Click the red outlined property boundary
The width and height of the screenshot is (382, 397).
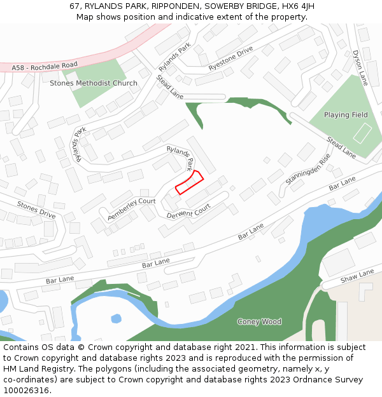click(x=189, y=182)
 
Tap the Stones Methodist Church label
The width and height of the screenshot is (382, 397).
click(x=93, y=83)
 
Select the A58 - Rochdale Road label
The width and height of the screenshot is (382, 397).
click(x=45, y=65)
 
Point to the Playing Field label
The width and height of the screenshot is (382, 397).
click(x=346, y=115)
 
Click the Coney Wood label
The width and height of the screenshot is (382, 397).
click(x=258, y=321)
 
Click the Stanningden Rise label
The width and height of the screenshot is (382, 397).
click(x=308, y=169)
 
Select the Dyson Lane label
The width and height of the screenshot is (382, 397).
click(x=360, y=68)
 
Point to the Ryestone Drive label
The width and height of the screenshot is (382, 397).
click(x=230, y=58)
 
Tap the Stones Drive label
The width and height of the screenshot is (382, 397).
click(x=36, y=210)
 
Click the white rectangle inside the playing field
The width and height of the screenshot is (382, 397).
click(x=362, y=133)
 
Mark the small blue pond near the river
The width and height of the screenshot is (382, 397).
click(x=116, y=318)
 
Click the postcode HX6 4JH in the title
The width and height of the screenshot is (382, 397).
click(x=297, y=6)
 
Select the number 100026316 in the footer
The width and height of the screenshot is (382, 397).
click(x=26, y=390)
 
